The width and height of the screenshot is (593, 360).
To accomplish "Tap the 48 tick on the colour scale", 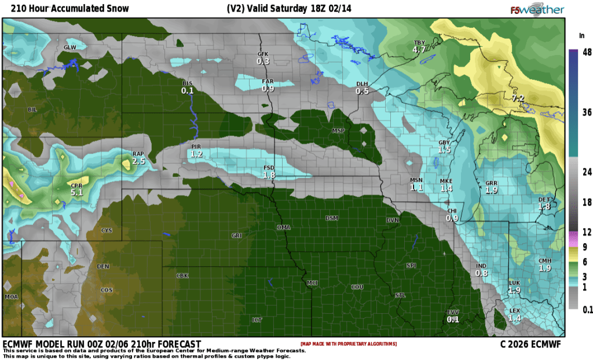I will coord(586,52).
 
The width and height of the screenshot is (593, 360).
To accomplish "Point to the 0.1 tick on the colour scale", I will coord(587,310).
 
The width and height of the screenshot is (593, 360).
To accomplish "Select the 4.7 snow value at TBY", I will coord(419,50).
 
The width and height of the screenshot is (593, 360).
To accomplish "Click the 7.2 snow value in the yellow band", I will coord(518,98).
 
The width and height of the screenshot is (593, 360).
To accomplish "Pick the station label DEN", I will coord(103,266).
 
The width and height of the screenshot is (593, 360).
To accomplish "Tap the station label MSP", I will coord(338,131).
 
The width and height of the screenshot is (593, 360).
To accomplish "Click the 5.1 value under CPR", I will coord(77,192).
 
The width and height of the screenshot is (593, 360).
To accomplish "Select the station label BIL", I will coord(32,109).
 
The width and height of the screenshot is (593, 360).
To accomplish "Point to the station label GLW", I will coord(69,47).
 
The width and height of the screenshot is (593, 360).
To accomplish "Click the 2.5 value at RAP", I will coord(138,161).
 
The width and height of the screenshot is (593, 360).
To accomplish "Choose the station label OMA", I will coord(283,227).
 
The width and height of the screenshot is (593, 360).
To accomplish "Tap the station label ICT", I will coord(257,319).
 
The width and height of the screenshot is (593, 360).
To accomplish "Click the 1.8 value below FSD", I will coord(269,175).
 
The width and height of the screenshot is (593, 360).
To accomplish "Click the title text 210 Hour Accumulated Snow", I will coord(66,9).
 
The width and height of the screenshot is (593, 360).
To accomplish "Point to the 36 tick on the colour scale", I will coord(586,112).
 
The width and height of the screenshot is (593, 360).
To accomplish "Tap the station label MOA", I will coord(12,296).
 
